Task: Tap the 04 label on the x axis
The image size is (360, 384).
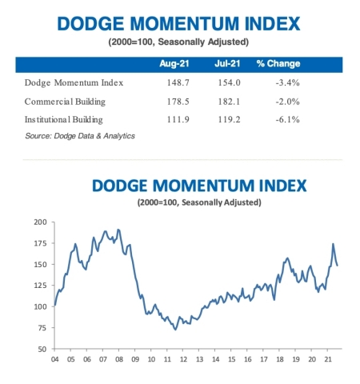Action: point(54,359)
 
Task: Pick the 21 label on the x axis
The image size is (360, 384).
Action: point(326,359)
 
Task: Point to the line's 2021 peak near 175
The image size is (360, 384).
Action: point(333,244)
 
